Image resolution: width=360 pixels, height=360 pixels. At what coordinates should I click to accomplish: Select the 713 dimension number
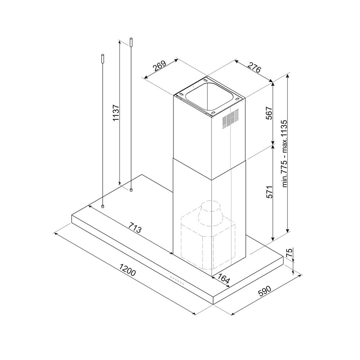(x=135, y=227)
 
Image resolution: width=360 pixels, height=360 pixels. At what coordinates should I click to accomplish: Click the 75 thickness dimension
(x=289, y=253)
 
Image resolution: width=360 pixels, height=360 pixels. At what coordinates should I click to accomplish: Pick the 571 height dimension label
(x=269, y=192)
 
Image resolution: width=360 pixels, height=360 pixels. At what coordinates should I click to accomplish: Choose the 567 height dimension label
(x=269, y=113)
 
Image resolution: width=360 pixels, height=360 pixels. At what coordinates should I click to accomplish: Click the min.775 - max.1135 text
(x=285, y=153)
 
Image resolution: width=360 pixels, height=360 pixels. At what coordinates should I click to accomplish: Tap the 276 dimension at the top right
(x=255, y=67)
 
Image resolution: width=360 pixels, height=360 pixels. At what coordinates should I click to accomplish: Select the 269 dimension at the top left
(x=159, y=66)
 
